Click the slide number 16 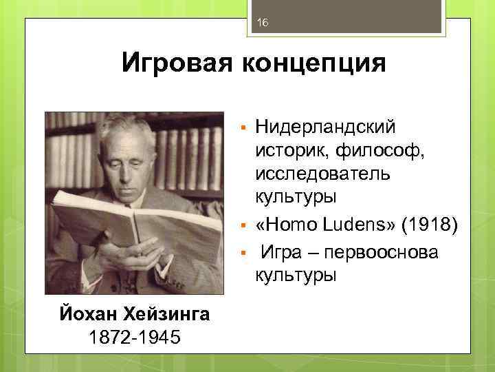pyautogui.click(x=261, y=23)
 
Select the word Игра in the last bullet pyautogui.click(x=282, y=253)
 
